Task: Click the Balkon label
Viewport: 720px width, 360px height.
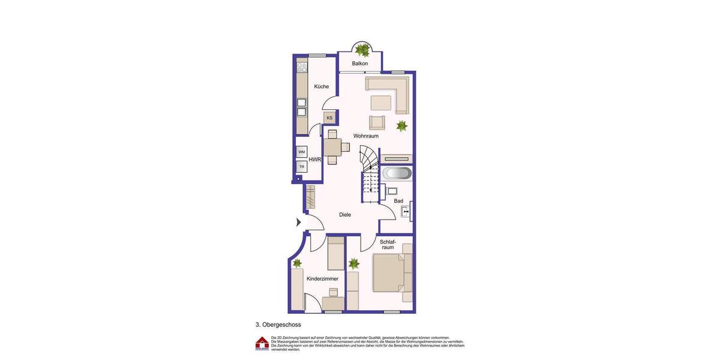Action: pos(360,64)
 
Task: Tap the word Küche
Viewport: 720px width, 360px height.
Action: pos(322,86)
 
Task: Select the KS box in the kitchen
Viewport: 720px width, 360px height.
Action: pos(329,118)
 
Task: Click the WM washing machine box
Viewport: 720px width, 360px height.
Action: pos(302,152)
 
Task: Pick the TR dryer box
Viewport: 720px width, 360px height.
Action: pos(302,166)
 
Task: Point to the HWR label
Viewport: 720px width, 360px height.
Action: pos(315,160)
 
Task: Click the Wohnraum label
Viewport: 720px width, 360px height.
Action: pos(366,136)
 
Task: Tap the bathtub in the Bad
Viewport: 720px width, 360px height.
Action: pos(397,173)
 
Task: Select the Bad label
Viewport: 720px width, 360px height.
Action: pos(398,201)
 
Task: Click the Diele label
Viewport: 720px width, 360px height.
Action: pos(345,214)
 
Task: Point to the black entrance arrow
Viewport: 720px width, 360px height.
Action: pos(299,222)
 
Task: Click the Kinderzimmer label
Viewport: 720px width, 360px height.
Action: pos(323,278)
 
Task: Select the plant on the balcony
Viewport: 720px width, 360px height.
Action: pos(362,49)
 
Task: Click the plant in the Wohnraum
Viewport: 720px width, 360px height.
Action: pos(401,126)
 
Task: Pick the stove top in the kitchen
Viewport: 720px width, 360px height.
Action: pos(302,67)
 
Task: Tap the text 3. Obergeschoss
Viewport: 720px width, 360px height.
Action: pos(278,325)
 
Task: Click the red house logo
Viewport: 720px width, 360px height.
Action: pos(262,343)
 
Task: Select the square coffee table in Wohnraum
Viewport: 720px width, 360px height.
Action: pos(380,103)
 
